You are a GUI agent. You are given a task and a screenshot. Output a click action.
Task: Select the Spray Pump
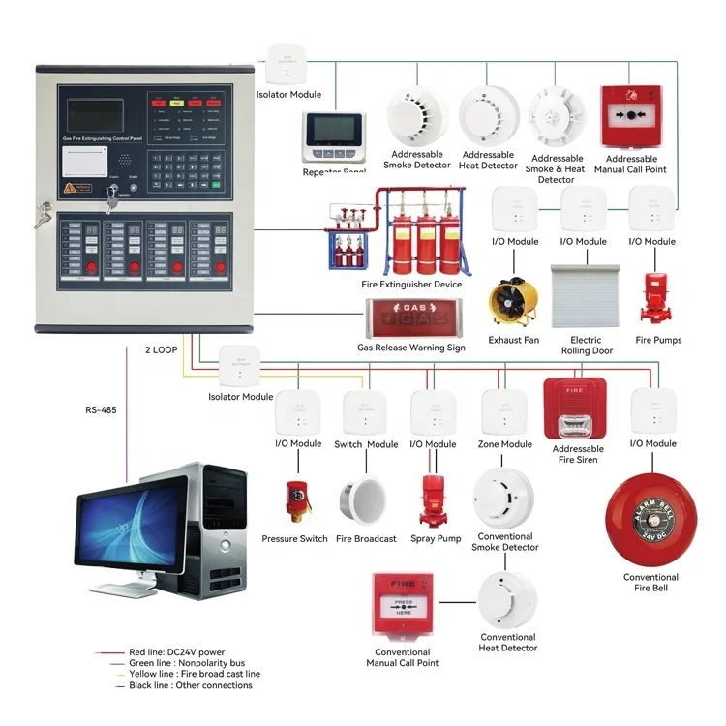point(433,499)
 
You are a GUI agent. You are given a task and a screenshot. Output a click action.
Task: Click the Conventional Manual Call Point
point(402,608)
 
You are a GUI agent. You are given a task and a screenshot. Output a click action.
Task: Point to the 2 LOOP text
point(162,348)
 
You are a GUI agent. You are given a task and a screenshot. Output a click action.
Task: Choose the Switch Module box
point(366,412)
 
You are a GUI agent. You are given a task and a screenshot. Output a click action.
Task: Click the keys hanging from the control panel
point(44,218)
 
